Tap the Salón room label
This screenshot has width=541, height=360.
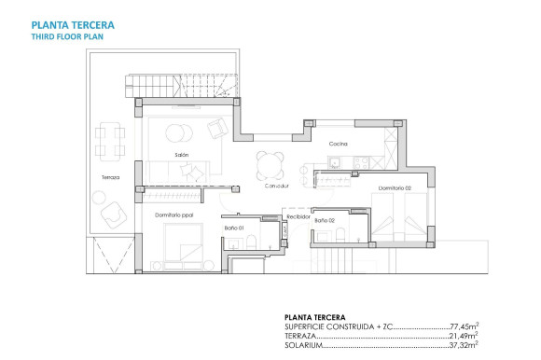click(182, 155)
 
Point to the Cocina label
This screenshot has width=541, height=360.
click(338, 144)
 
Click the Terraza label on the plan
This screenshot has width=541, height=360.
click(111, 177)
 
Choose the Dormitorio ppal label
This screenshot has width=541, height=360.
click(173, 215)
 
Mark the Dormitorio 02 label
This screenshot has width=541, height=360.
click(395, 190)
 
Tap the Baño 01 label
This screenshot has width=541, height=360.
click(234, 227)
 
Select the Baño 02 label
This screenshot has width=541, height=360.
click(324, 220)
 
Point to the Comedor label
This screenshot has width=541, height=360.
click(274, 187)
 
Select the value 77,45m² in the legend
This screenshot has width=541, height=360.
click(465, 327)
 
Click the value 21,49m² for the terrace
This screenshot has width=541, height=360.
click(465, 336)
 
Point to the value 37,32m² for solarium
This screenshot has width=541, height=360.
click(465, 345)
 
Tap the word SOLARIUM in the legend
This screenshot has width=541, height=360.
click(304, 345)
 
